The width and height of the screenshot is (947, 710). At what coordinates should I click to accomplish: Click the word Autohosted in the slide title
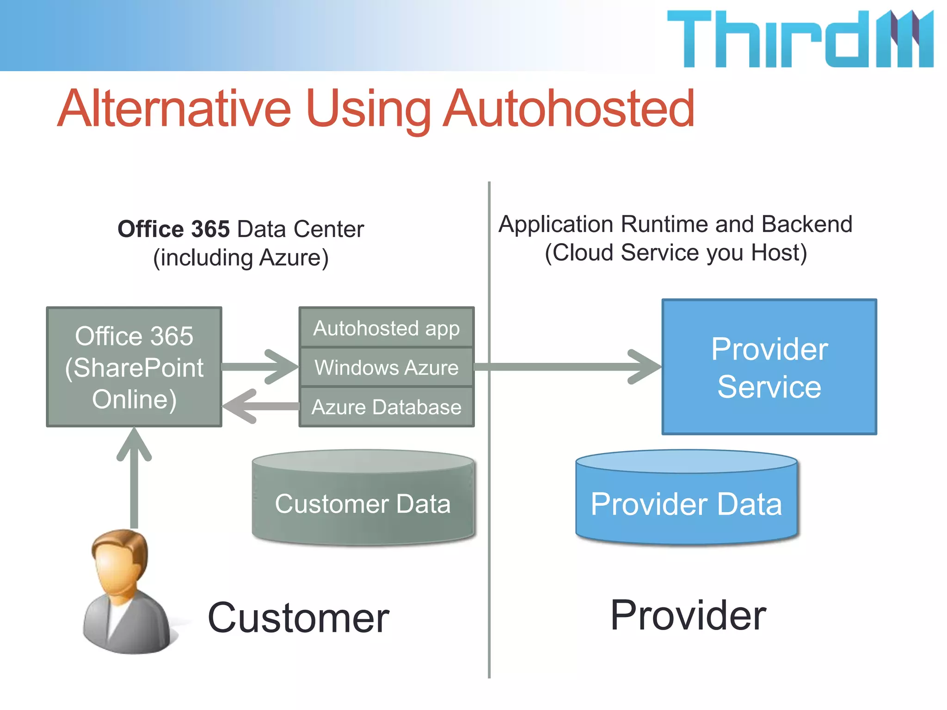(569, 109)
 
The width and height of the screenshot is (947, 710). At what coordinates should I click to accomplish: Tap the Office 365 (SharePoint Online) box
(134, 367)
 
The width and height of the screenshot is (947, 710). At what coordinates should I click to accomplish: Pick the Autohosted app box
(387, 328)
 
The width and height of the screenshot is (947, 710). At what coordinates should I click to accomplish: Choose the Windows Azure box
(387, 367)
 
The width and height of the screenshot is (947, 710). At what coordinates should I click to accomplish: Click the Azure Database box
(387, 407)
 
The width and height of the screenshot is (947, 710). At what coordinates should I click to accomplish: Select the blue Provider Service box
(769, 367)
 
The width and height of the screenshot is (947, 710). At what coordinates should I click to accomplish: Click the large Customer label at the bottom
(298, 618)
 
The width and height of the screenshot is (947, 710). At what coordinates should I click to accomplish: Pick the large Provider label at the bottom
(688, 615)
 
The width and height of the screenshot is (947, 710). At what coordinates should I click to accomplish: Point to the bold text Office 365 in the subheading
(173, 229)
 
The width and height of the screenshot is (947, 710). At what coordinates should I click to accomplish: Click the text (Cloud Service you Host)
(676, 253)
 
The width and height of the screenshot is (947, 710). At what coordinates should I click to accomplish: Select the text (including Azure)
(241, 258)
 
